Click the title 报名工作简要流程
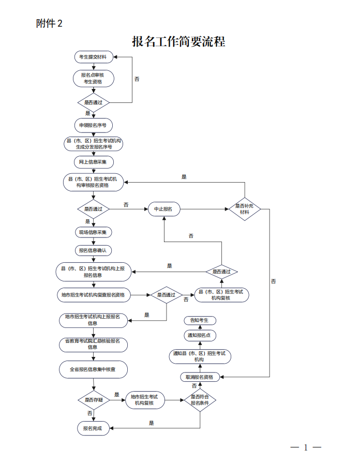[x=179, y=41]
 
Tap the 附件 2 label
[x=50, y=23]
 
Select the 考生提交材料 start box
[x=93, y=56]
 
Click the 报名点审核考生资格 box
[x=93, y=78]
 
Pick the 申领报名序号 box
[x=93, y=125]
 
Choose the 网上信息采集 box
[x=93, y=162]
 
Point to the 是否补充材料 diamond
[x=244, y=209]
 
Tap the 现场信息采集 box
[x=93, y=232]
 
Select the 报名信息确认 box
[x=93, y=250]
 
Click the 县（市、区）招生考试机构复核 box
[x=221, y=295]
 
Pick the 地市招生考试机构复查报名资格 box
[x=93, y=295]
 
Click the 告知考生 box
[x=199, y=321]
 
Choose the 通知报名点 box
[x=199, y=335]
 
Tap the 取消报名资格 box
[x=199, y=377]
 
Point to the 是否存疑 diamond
[x=93, y=400]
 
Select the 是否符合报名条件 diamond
[x=200, y=400]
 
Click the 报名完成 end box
[x=93, y=428]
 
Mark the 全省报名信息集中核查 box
[x=93, y=370]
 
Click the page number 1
[x=306, y=447]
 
